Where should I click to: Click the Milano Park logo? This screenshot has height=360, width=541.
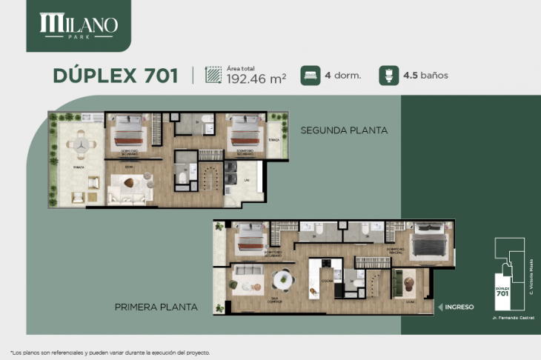78,26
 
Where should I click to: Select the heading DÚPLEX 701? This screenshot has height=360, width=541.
115,75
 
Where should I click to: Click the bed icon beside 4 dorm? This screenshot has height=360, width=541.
310,75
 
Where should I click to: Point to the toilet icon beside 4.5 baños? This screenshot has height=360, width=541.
386,75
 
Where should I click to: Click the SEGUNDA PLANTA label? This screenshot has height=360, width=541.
344,130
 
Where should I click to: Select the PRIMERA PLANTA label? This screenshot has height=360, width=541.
156,306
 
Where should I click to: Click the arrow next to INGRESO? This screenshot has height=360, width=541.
440,306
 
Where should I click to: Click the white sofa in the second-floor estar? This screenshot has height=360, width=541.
130,195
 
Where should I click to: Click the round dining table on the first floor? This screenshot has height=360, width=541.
282,280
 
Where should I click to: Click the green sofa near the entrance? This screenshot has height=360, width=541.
398,281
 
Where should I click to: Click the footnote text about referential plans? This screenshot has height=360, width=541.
111,352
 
